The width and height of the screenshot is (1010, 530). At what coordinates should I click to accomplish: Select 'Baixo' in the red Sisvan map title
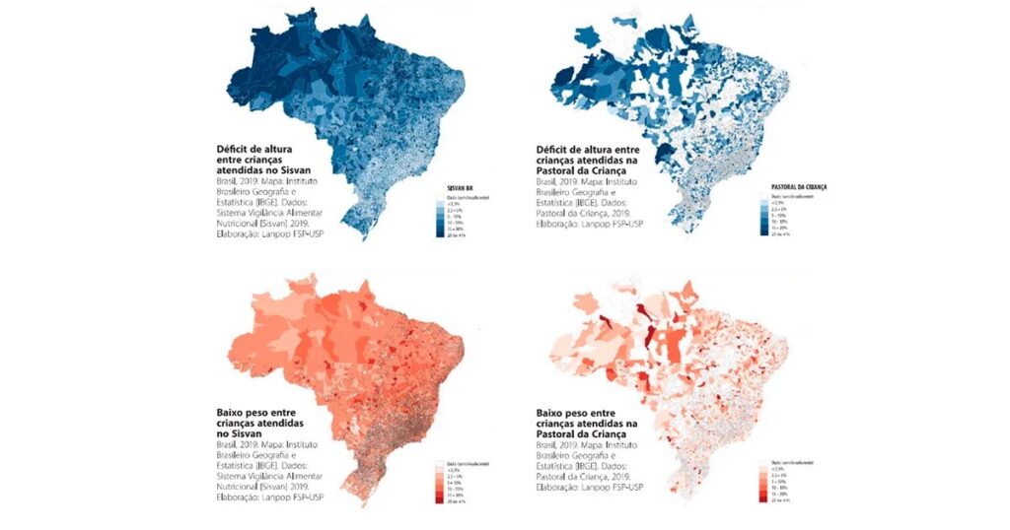[x=235, y=411]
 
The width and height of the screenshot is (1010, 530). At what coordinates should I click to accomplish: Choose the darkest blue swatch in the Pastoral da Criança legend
[x=765, y=234]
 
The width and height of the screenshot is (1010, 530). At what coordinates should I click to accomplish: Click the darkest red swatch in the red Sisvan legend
[x=438, y=499]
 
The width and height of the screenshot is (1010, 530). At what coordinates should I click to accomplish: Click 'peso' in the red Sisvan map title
[x=272, y=411]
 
